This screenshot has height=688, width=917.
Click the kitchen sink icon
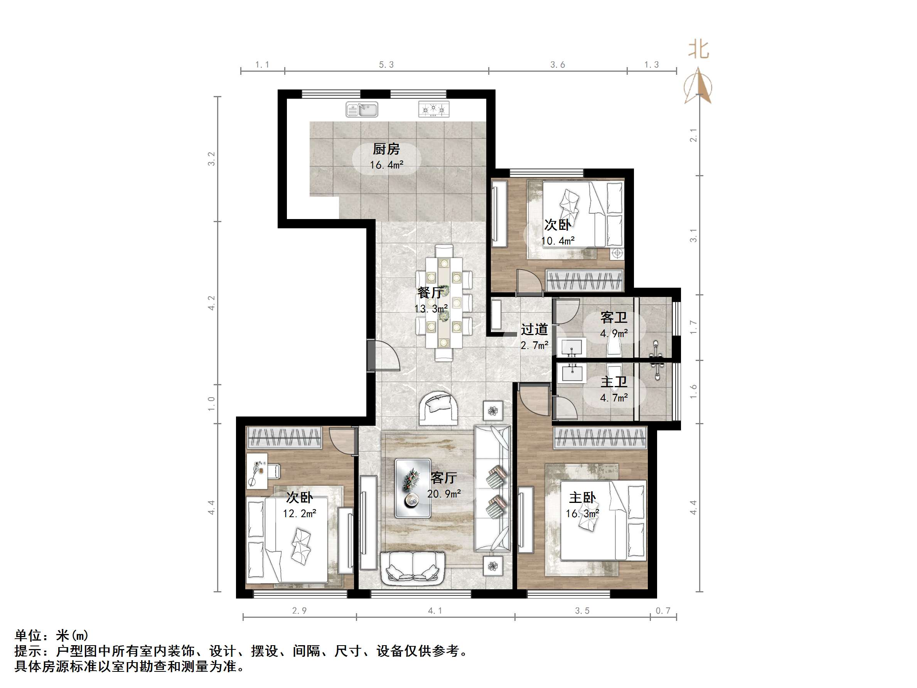click(361, 110)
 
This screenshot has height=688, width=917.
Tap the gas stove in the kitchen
click(433, 110)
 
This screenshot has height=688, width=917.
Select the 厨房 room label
click(386, 149)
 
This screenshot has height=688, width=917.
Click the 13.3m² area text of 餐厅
click(431, 309)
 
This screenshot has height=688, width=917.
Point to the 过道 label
click(534, 329)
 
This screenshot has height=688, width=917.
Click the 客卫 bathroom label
click(614, 318)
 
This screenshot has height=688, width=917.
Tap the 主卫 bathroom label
click(614, 382)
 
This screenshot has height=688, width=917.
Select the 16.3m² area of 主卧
click(582, 514)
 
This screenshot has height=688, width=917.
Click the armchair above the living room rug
click(438, 408)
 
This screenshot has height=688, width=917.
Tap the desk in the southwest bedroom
click(257, 471)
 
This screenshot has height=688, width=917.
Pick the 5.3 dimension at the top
click(386, 65)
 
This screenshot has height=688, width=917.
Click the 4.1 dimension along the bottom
click(435, 610)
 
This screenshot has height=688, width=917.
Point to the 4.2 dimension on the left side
click(212, 303)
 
